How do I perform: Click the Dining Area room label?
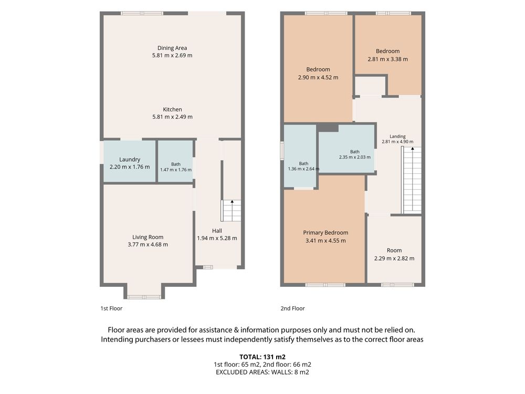[x=172, y=48]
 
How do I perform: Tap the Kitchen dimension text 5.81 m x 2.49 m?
[x=172, y=117]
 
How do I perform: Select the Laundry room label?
[x=130, y=160]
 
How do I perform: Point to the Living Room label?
[x=148, y=237]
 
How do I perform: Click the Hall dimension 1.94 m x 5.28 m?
[x=217, y=238]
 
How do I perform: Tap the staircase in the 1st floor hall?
[x=230, y=211]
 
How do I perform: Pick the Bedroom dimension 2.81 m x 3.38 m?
[x=388, y=59]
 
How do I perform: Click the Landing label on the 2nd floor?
[x=397, y=137]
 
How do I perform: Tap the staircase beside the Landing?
[x=411, y=180]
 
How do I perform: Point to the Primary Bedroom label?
[x=325, y=233]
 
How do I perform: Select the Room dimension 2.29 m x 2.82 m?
[x=394, y=258]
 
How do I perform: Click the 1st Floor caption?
[x=111, y=308]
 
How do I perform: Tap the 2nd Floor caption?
[x=292, y=308]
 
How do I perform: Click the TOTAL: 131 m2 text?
[x=262, y=357]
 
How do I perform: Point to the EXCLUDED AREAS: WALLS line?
[x=262, y=372]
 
